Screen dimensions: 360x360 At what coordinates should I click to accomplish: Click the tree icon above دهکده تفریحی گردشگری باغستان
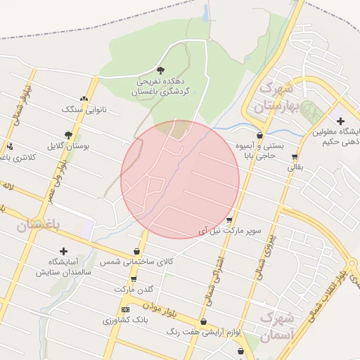tap(161, 70)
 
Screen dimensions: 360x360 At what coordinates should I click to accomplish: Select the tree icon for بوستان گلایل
tap(68, 134)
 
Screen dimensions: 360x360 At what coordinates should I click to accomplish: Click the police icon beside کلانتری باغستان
tap(10, 147)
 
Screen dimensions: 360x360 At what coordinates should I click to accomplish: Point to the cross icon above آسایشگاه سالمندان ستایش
tap(63, 251)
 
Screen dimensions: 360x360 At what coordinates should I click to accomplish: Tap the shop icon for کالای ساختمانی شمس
tap(136, 252)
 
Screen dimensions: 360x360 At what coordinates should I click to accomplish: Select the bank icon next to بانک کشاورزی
tap(125, 309)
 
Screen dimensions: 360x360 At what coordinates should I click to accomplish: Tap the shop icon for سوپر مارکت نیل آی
tap(229, 220)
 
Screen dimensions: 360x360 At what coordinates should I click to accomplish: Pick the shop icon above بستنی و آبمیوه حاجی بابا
tap(260, 135)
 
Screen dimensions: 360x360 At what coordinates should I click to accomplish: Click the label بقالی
tap(293, 168)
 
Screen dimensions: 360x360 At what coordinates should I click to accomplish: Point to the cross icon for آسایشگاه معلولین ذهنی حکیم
tap(341, 121)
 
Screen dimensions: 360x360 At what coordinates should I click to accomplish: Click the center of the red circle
tap(180, 179)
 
